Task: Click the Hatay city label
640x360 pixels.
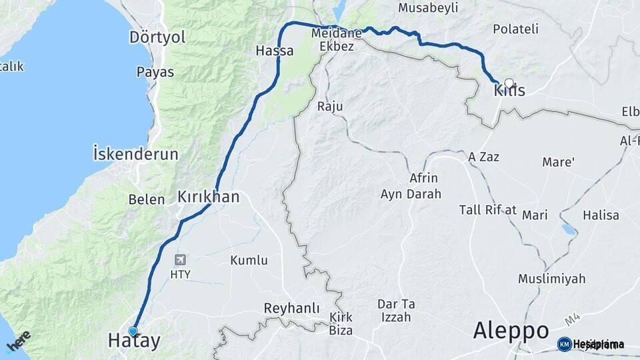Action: tap(134, 341)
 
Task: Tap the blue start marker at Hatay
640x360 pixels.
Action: tap(133, 331)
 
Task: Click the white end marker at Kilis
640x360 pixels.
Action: tap(509, 83)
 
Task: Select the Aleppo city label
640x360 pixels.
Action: tap(511, 331)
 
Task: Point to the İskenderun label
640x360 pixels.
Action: tap(135, 155)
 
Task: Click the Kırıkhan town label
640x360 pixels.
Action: tap(208, 197)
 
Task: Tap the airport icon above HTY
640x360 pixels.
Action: tap(180, 259)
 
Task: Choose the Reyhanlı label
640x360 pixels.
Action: tap(291, 309)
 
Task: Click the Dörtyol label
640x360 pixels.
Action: tap(158, 37)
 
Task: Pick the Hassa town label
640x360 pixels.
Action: tap(275, 50)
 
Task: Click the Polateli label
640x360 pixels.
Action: tap(515, 29)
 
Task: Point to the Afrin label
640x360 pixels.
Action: tap(423, 178)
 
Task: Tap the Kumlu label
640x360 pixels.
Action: tap(249, 261)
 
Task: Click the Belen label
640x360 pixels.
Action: tap(146, 199)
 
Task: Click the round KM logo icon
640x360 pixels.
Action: tap(564, 344)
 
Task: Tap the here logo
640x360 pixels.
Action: tap(18, 341)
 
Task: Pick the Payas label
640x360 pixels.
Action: tap(155, 72)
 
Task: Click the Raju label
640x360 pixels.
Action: tap(329, 106)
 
